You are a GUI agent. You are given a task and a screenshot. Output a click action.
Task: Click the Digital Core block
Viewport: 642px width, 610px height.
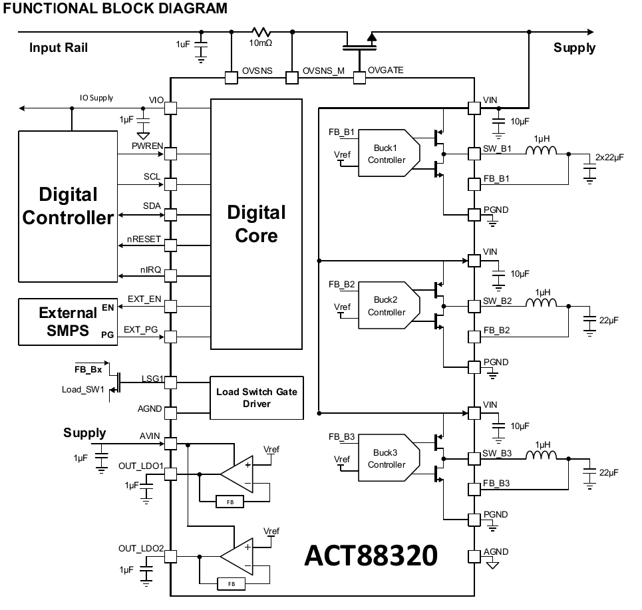pos(256,224)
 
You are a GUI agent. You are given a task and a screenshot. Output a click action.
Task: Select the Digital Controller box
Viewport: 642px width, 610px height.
pos(68,206)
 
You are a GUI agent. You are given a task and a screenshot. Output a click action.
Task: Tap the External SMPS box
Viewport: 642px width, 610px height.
pos(68,322)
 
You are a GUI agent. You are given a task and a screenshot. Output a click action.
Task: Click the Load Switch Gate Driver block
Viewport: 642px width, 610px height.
pos(257,398)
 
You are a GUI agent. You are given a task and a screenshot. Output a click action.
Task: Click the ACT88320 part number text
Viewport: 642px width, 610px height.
pos(371,555)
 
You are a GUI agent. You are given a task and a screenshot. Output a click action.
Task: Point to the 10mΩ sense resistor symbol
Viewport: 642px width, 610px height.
pos(261,31)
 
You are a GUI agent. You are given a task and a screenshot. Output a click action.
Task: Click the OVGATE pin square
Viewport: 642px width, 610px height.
pos(359,78)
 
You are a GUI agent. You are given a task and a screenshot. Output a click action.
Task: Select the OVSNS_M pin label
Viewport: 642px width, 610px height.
pos(323,71)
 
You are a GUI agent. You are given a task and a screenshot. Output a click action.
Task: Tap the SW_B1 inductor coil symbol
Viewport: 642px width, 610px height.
pos(542,151)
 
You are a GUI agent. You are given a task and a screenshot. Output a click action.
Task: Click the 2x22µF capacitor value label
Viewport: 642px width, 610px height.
pos(609,157)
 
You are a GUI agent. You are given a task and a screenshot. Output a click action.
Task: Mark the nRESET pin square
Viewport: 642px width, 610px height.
pos(170,245)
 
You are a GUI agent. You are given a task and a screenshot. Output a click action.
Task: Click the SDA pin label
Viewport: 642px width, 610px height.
pos(152,206)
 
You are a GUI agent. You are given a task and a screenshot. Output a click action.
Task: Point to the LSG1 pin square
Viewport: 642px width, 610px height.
pos(170,382)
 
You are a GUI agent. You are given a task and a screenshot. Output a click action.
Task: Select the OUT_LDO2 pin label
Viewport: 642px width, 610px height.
pos(141,548)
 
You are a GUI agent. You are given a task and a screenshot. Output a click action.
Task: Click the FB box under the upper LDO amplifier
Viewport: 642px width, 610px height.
pos(230,502)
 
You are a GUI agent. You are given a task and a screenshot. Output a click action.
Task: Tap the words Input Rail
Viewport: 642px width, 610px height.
pos(59,47)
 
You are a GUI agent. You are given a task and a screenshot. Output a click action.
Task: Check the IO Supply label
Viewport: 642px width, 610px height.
pos(96,97)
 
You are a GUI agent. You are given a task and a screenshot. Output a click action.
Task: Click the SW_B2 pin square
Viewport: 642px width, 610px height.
pos(474,306)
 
